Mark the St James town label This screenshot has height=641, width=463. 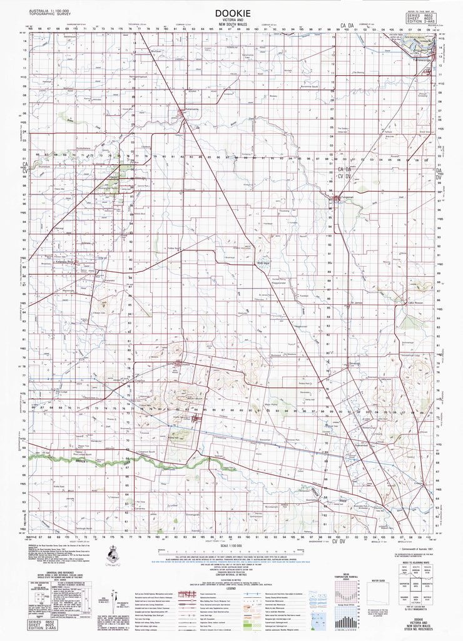pyautogui.click(x=357, y=302)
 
